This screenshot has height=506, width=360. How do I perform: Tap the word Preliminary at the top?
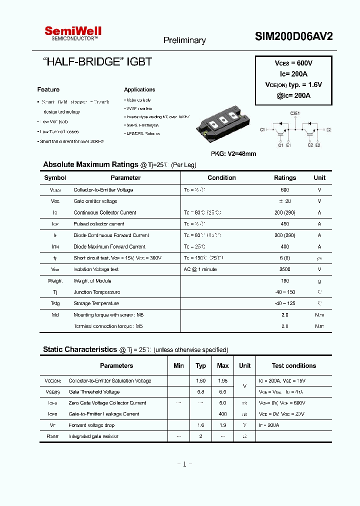(184, 40)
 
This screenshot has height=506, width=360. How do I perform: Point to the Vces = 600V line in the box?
(293, 63)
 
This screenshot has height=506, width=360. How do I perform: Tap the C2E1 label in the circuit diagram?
(295, 113)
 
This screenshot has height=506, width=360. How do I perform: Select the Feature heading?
(48, 89)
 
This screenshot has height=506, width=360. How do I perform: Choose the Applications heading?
(139, 89)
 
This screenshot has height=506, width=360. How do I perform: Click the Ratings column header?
(285, 178)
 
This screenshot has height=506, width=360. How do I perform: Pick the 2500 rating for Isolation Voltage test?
(285, 269)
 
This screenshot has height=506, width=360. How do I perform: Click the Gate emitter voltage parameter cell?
(95, 201)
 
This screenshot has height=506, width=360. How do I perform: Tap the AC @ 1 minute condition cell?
(200, 269)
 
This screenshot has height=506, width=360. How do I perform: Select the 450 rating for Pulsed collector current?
(285, 224)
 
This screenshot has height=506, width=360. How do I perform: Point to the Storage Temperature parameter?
(96, 303)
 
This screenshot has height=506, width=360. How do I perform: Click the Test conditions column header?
(293, 366)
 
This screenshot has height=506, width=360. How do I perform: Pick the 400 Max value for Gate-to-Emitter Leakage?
(222, 414)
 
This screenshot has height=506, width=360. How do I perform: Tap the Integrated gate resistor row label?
(93, 436)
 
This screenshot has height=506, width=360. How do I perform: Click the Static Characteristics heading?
(79, 349)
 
